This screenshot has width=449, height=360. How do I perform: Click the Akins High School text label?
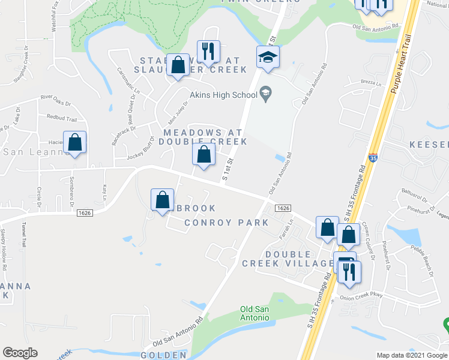(223, 94)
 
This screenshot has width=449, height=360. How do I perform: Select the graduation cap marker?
(268, 58)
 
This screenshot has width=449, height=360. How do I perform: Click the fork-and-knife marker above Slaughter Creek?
(208, 52)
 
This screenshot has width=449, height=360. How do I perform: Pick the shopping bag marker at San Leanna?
(74, 143)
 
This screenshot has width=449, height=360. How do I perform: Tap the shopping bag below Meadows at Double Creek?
(203, 154)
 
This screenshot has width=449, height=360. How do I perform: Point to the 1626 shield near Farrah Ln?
(283, 208)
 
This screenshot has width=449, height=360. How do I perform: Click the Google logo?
(20, 353)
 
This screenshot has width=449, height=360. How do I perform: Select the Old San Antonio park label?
(256, 313)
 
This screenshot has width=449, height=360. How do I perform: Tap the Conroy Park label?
(226, 223)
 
